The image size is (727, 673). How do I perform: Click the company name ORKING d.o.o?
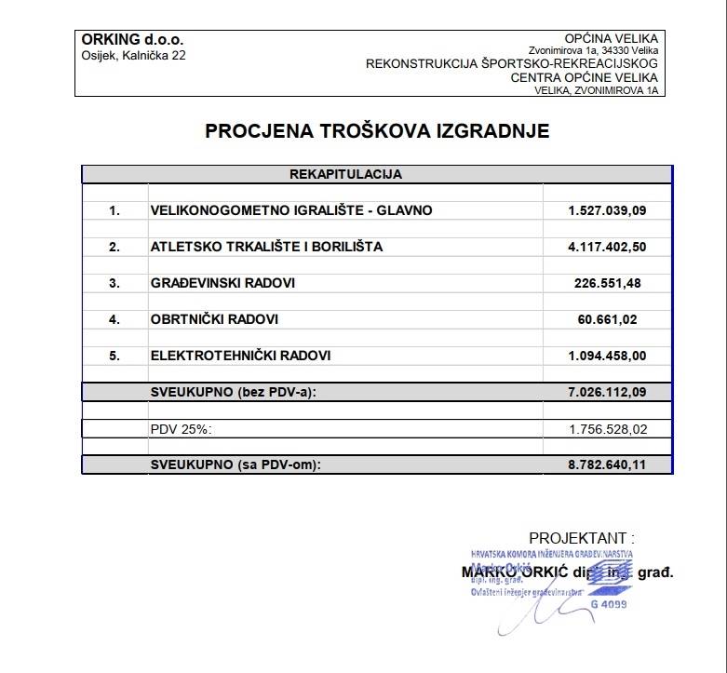tap(132, 40)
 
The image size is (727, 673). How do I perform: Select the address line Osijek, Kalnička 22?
tap(133, 56)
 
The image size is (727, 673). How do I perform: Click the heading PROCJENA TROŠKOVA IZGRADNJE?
tap(377, 131)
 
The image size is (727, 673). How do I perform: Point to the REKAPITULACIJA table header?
tap(345, 174)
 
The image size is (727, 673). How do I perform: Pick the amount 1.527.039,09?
tap(606, 210)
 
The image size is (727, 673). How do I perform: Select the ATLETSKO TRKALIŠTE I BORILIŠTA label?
tap(266, 247)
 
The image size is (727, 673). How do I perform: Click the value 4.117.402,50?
tap(606, 247)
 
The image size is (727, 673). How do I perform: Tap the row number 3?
tap(114, 283)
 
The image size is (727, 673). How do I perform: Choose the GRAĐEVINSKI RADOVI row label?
tap(222, 283)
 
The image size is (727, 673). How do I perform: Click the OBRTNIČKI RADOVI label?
tap(214, 319)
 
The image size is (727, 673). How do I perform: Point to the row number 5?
tap(114, 356)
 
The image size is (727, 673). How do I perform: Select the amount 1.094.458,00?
tap(606, 356)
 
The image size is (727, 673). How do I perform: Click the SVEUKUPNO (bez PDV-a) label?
tap(234, 392)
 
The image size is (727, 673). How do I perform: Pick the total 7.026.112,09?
tap(606, 392)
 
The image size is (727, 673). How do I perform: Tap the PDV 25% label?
tap(182, 429)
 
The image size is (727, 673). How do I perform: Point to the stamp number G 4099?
tap(609, 604)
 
